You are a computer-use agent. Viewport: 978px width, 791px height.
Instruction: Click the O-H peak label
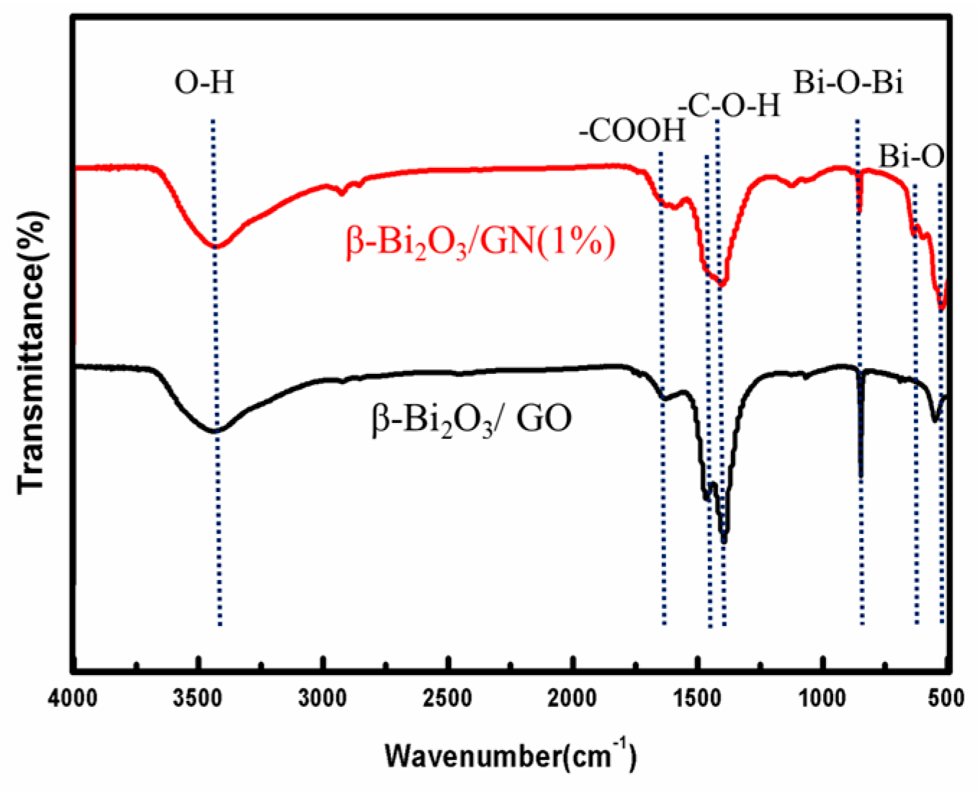(x=205, y=84)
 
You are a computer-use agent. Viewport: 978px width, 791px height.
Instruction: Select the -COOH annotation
(x=632, y=132)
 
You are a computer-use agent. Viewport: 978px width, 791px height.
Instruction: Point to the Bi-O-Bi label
(x=848, y=84)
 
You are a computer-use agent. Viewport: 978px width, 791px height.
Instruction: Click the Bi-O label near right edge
(x=910, y=156)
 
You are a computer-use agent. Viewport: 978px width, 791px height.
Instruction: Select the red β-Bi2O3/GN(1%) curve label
(x=481, y=243)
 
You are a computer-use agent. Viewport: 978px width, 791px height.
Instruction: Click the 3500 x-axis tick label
(x=198, y=698)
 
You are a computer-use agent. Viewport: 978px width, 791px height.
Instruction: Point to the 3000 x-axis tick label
(x=323, y=698)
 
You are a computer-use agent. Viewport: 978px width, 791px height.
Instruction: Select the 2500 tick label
(x=449, y=698)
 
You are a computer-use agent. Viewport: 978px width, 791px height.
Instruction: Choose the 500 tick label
(x=947, y=698)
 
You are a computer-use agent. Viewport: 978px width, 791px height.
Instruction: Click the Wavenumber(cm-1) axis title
(x=510, y=756)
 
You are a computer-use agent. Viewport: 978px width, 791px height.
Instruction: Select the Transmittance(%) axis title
(x=33, y=353)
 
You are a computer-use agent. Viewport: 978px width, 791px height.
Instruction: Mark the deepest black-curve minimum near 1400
(x=724, y=539)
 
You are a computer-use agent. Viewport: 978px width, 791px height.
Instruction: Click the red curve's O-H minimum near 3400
(x=216, y=246)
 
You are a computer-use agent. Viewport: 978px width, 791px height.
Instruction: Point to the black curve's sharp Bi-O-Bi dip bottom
(x=861, y=475)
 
